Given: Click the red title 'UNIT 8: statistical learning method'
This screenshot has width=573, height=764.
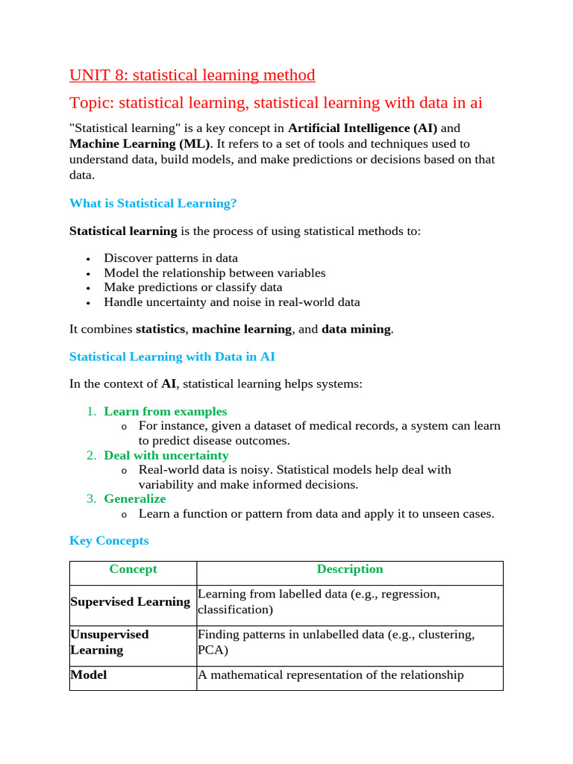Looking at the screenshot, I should click(x=192, y=75).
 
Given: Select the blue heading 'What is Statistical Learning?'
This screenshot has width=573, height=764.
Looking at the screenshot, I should click(x=152, y=203).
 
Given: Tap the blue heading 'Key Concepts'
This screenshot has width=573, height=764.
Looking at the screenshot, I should click(x=109, y=540).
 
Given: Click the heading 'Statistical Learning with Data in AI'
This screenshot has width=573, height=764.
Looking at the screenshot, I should click(x=172, y=357).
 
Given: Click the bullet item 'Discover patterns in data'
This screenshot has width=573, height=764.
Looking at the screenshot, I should click(x=171, y=258).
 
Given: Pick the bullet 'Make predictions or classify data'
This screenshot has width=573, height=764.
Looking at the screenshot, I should click(x=192, y=287).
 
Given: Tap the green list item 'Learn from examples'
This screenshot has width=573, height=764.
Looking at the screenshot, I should click(x=165, y=411).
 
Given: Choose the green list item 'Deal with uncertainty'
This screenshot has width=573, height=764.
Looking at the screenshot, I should click(x=166, y=455).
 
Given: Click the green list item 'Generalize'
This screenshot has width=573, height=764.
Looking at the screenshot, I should click(x=134, y=498).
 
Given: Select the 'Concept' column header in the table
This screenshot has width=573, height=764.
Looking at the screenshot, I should click(x=133, y=569).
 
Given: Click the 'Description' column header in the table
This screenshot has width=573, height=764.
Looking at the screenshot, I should click(x=349, y=569).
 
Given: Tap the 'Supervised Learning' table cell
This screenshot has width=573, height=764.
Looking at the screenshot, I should click(x=130, y=601).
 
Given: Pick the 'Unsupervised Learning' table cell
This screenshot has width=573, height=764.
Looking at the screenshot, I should click(x=109, y=642).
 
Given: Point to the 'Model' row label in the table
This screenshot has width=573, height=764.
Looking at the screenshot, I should click(x=88, y=675).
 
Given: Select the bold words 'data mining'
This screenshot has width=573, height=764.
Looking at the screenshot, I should click(x=356, y=329).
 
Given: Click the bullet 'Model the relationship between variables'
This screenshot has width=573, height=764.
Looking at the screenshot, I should click(x=214, y=273).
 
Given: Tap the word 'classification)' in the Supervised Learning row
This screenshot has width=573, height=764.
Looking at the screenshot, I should click(x=235, y=610).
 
